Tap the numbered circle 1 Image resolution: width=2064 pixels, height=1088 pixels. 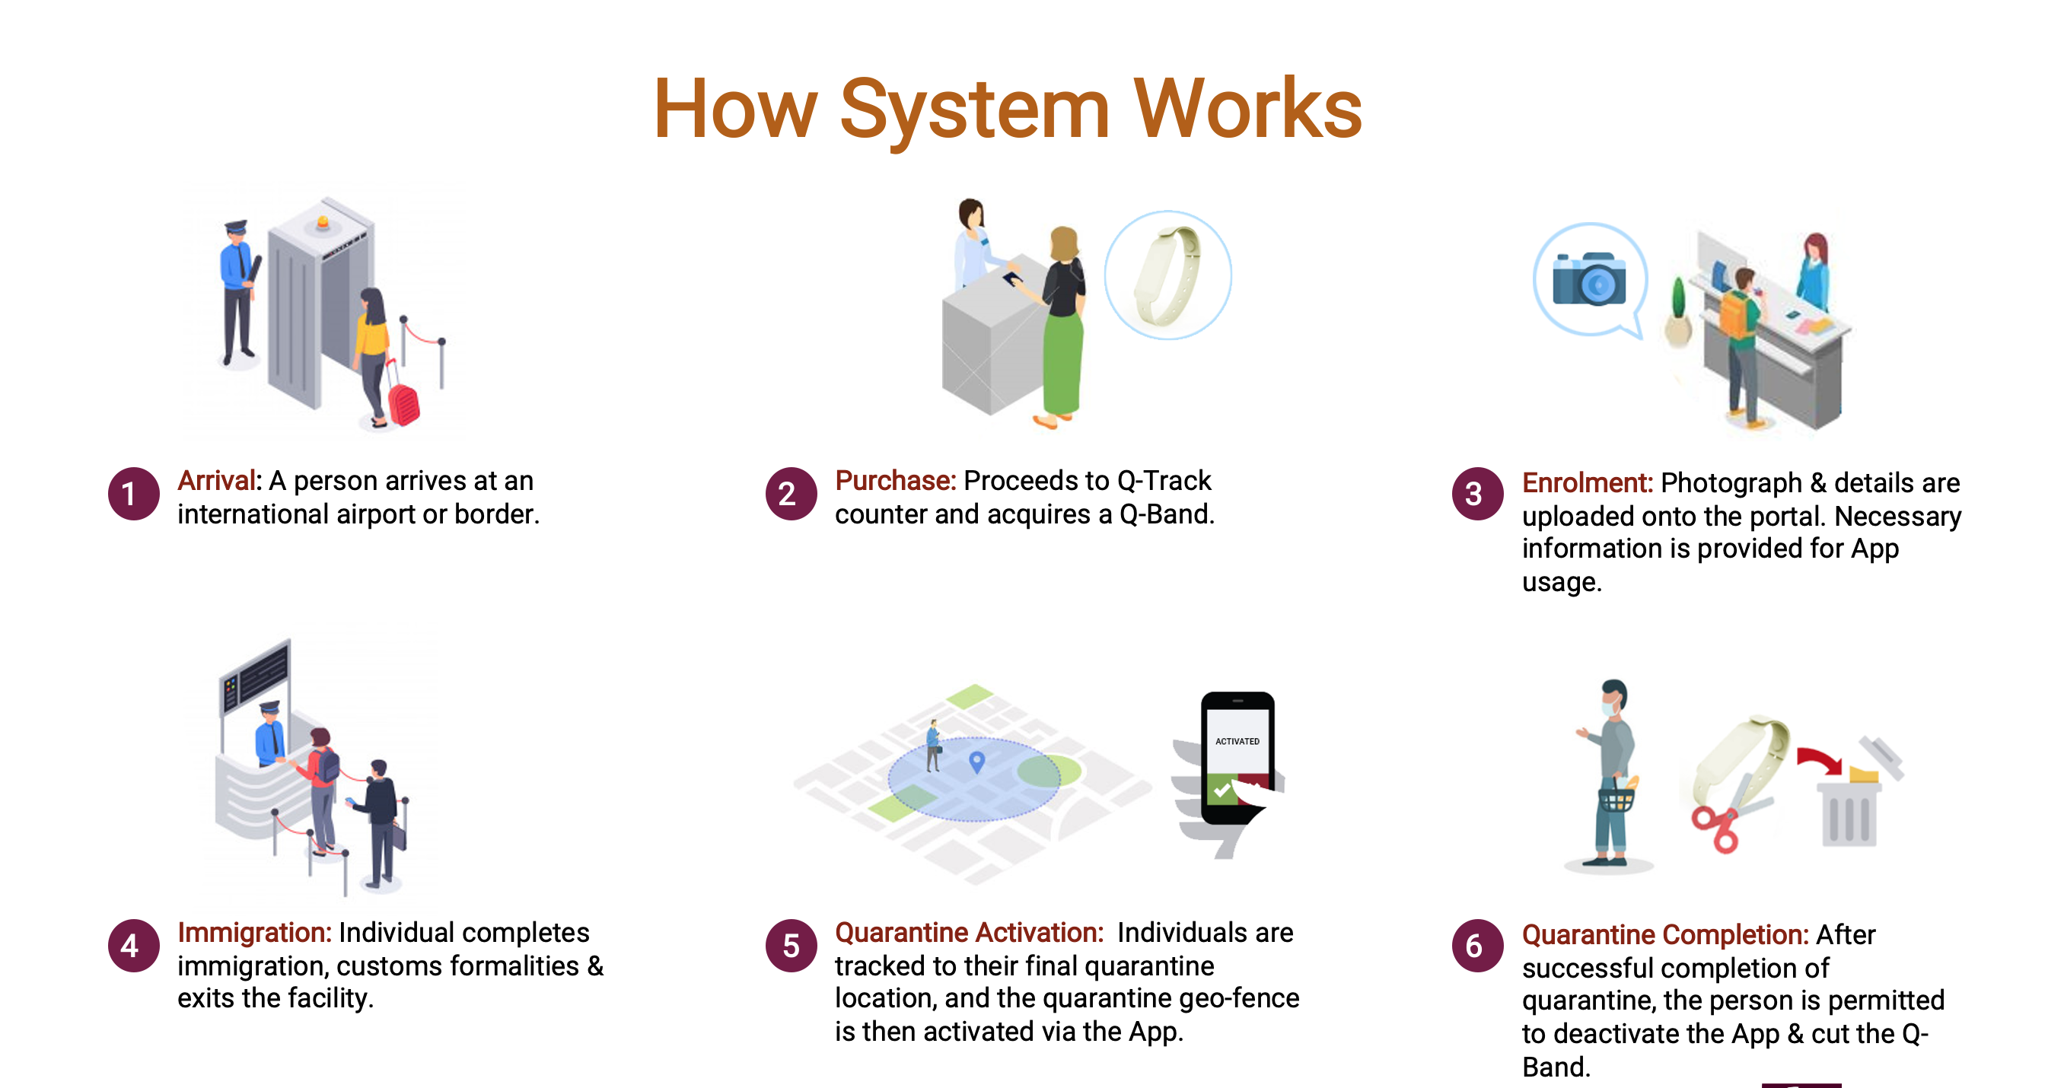(133, 494)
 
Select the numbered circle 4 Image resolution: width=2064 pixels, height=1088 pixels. (133, 946)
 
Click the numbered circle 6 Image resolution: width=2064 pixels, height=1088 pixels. (1476, 946)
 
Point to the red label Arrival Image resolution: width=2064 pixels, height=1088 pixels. (215, 481)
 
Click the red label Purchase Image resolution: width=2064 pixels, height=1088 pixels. (895, 481)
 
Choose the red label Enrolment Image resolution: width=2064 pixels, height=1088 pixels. (1587, 483)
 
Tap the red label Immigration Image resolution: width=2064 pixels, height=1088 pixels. (254, 933)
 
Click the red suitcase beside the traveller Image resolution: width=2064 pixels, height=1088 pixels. (404, 403)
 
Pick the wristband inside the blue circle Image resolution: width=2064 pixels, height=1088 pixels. (1166, 275)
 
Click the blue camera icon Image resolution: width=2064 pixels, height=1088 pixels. (1589, 278)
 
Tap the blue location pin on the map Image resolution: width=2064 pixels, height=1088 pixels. (976, 761)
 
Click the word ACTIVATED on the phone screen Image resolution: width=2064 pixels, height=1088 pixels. (1237, 741)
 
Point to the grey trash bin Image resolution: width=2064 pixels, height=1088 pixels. (1849, 814)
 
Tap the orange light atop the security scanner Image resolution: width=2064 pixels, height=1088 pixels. (323, 222)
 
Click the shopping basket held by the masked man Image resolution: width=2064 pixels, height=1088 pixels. (1616, 799)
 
